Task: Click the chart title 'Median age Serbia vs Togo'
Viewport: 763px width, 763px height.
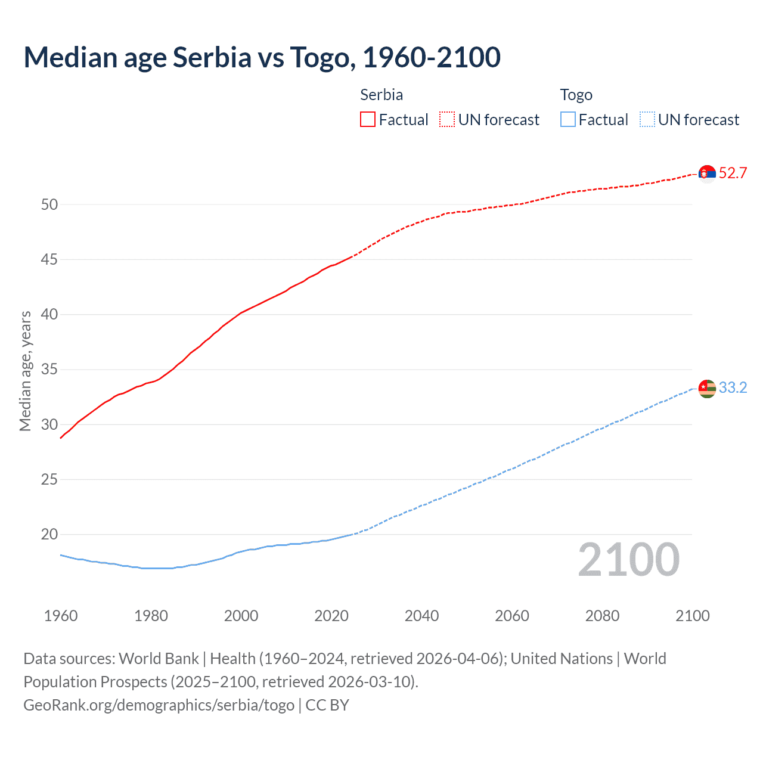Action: coord(262,57)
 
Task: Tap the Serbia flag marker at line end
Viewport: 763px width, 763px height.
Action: coord(707,173)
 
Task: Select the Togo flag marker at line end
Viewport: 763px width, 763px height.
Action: coord(707,389)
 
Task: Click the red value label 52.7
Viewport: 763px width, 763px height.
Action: coord(733,173)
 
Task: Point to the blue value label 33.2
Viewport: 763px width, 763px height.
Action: coord(733,388)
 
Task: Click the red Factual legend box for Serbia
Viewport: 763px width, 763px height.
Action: coord(368,120)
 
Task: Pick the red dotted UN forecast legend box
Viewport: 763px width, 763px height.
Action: coord(447,120)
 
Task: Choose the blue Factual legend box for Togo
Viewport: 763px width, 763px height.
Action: coord(568,120)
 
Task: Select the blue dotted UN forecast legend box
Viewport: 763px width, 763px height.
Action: coord(647,120)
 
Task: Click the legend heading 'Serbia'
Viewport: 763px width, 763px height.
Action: coord(381,95)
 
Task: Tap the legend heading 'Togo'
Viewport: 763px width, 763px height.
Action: coord(576,95)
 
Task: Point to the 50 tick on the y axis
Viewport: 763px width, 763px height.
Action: coord(49,204)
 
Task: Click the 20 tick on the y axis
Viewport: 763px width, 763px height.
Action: coord(49,535)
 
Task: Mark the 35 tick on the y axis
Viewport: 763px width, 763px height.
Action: coord(49,370)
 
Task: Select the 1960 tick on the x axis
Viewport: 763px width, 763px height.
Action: coord(61,616)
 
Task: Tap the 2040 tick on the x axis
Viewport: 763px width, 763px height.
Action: coord(421,616)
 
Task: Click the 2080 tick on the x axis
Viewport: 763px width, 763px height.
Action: coord(602,616)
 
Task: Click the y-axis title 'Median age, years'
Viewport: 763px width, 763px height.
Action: coord(25,371)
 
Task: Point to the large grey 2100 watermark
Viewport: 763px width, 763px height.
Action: coord(628,560)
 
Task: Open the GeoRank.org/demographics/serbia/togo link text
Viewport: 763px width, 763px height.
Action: coord(159,705)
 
